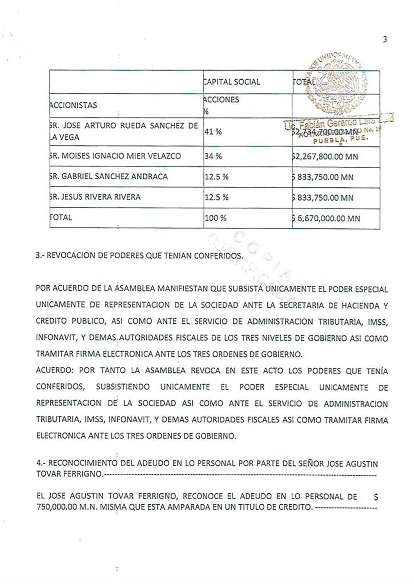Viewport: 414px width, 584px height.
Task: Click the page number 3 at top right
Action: (x=385, y=39)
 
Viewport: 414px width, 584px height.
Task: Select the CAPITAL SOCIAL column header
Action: (x=232, y=82)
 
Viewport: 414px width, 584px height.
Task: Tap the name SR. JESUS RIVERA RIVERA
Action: (x=95, y=197)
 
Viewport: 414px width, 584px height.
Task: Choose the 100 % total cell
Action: (x=216, y=218)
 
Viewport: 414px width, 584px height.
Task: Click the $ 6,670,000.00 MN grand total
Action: (x=326, y=219)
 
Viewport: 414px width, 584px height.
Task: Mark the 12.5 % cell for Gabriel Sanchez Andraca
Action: (x=216, y=177)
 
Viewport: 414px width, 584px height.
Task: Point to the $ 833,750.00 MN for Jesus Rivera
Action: (x=323, y=198)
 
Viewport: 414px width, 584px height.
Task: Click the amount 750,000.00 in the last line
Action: (x=57, y=507)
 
